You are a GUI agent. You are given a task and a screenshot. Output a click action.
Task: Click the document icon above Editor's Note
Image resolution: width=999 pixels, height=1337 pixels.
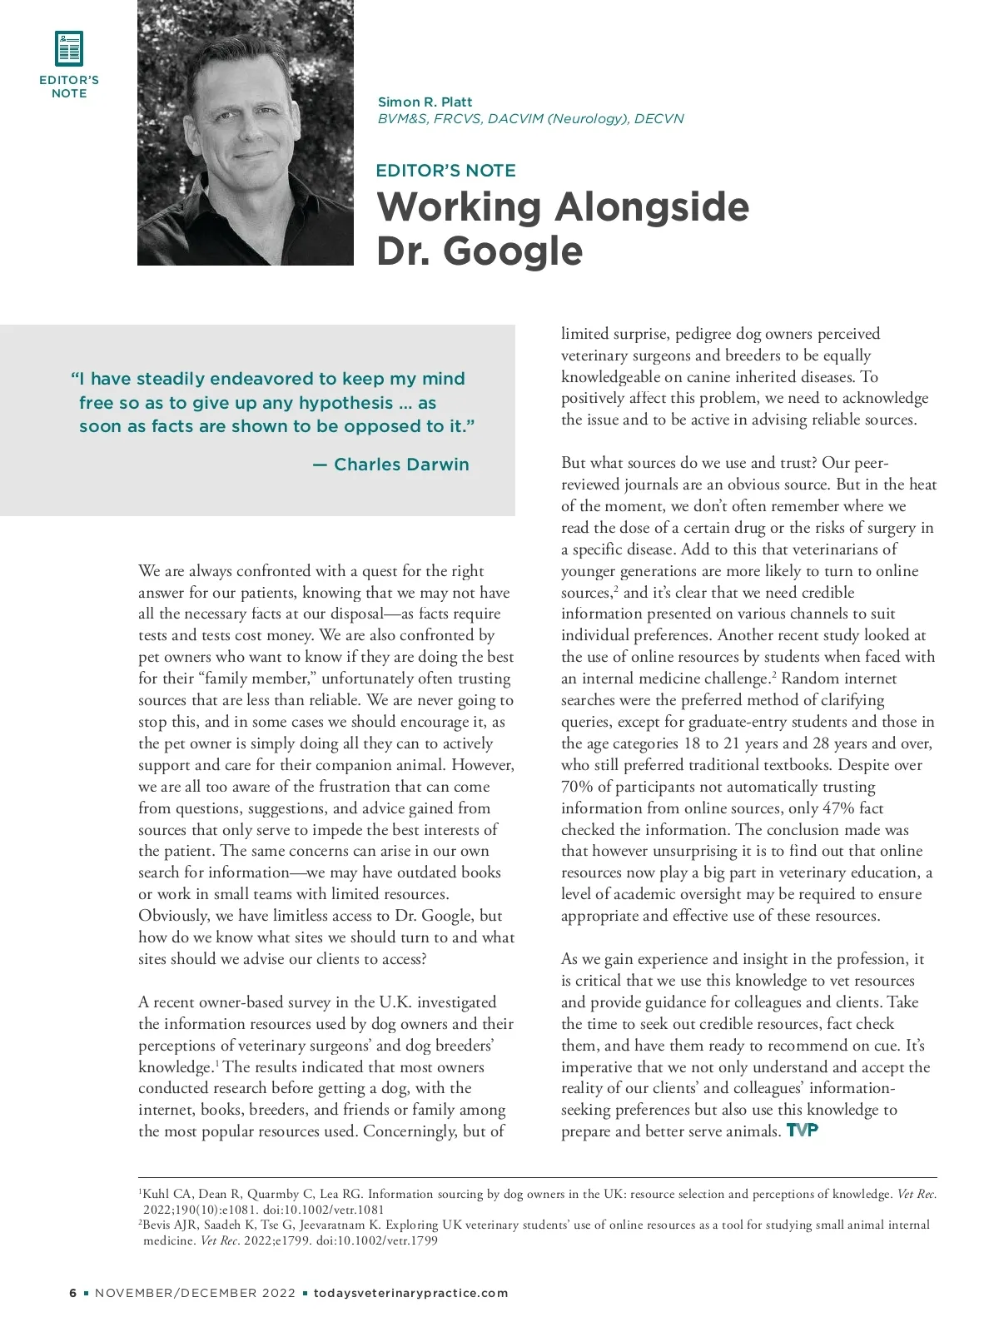(x=69, y=48)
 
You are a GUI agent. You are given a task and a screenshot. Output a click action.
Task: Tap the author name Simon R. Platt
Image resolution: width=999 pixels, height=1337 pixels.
(x=425, y=102)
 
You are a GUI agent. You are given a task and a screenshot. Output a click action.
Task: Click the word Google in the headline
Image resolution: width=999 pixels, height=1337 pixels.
(x=513, y=250)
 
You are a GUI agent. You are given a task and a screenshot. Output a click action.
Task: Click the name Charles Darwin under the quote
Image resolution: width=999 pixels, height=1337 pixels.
(x=401, y=465)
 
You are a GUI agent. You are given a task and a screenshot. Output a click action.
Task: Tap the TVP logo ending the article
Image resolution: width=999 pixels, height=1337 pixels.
(x=803, y=1130)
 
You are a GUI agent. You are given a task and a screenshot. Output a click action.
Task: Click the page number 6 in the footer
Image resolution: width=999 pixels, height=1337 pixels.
(x=73, y=1293)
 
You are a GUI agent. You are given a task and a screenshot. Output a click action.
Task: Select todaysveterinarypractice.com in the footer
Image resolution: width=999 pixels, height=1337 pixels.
(x=410, y=1293)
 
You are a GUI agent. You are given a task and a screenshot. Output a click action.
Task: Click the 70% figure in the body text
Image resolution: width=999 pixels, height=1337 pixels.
(x=578, y=787)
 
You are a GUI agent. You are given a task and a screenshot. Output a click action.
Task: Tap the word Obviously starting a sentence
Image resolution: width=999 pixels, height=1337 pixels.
(x=173, y=916)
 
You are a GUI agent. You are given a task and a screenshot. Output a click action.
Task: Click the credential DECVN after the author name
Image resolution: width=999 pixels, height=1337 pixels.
(x=659, y=118)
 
